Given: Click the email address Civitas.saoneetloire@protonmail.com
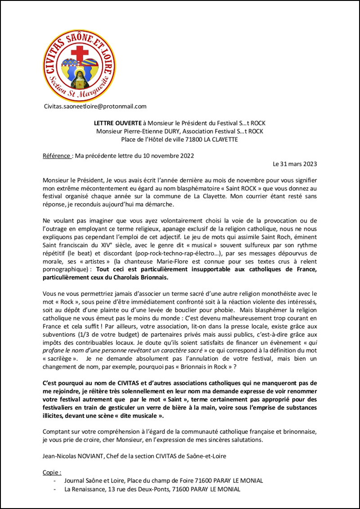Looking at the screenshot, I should [x=95, y=107].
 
